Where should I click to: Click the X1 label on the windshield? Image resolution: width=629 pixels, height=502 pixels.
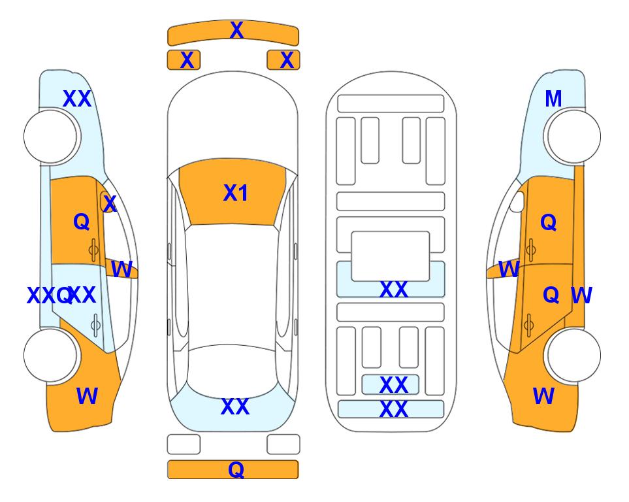[236, 193]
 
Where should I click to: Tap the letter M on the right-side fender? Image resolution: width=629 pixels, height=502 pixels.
[553, 99]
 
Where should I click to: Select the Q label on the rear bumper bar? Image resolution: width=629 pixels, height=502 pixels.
[236, 469]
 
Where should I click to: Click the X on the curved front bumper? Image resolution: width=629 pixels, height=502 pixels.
[236, 30]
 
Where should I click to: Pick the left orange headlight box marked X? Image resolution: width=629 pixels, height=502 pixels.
[184, 60]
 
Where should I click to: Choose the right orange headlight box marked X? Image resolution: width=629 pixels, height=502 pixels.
[283, 60]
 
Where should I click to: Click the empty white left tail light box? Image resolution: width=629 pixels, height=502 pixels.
[184, 444]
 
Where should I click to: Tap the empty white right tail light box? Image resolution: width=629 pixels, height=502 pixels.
[283, 444]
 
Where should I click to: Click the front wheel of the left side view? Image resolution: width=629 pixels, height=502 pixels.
[50, 137]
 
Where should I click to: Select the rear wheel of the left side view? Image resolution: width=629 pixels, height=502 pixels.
[50, 356]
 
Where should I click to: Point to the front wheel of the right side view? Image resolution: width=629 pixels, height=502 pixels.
[574, 137]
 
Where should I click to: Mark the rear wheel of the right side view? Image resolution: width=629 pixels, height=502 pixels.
[574, 356]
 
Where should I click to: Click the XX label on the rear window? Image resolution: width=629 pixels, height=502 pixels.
[235, 407]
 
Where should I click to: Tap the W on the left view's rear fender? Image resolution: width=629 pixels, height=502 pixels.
[87, 396]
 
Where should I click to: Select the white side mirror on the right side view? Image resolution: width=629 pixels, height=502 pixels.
[517, 201]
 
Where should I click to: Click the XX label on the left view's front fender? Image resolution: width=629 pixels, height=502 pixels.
[77, 99]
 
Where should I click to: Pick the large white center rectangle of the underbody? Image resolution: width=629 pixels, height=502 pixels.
[391, 256]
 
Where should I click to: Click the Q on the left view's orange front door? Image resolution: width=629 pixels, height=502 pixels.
[82, 222]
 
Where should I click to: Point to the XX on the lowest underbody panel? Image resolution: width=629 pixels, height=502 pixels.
[393, 409]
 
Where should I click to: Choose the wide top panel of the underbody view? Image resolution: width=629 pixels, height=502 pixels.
[391, 104]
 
